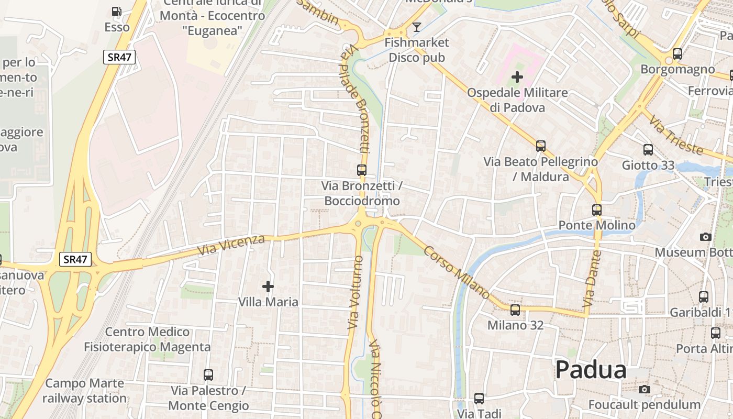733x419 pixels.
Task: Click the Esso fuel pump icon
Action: pos(117,12)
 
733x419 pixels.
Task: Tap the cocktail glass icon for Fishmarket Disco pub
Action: pos(417,27)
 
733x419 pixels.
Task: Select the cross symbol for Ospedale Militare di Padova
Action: pos(517,78)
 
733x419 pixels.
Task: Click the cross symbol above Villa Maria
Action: pos(268,286)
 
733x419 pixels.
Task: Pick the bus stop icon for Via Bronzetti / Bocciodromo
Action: pos(362,170)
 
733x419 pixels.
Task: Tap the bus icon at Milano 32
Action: pos(515,310)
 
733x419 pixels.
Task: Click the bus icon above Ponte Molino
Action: pos(597,210)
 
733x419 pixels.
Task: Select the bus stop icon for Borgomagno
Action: pos(678,53)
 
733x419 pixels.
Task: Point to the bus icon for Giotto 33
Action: pos(648,150)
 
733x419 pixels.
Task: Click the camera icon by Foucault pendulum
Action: pos(645,389)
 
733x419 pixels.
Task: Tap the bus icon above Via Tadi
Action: pos(479,399)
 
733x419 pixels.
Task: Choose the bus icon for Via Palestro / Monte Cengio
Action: pos(208,375)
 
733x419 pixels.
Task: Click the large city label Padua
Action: pos(591,370)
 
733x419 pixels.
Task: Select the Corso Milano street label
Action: pos(456,272)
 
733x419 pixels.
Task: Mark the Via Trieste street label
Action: pos(676,136)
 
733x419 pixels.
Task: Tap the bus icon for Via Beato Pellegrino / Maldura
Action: pos(541,146)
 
